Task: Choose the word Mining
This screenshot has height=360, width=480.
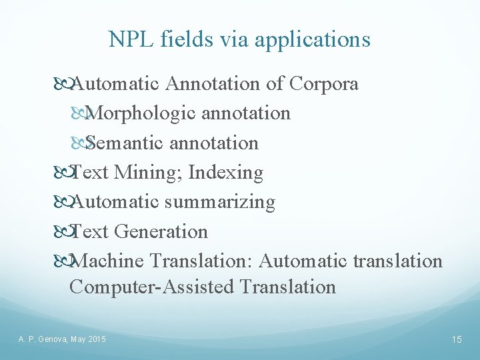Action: pos(149,173)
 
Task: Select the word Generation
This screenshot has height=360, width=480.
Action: pos(161,231)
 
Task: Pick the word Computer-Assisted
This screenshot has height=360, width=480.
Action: pos(151,287)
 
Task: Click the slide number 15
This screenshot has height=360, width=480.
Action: pos(457,340)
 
